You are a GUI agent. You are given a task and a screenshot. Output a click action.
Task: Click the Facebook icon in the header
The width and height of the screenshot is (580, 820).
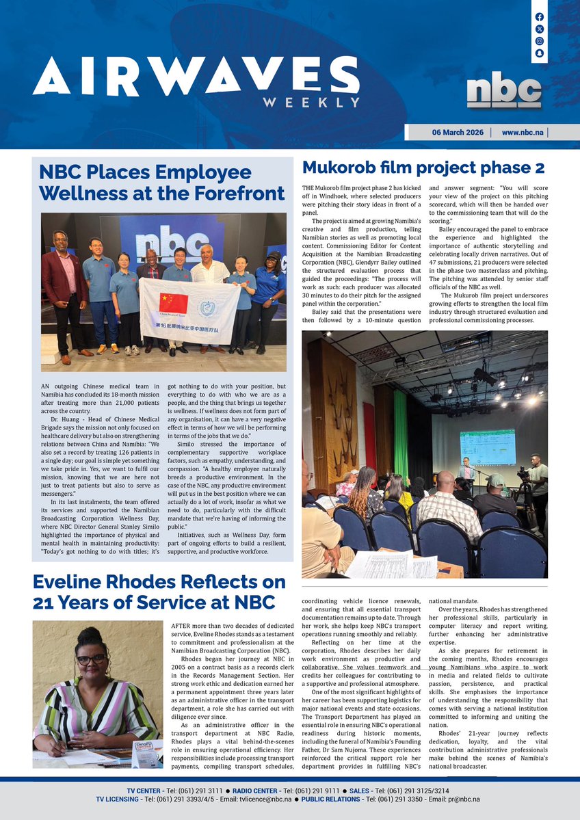click(540, 16)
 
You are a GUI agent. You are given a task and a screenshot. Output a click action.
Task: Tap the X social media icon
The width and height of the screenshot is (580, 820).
click(540, 29)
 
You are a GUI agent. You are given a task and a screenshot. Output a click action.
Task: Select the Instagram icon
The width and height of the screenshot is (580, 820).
click(540, 41)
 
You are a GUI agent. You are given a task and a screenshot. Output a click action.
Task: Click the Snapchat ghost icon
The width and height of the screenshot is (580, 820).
click(540, 53)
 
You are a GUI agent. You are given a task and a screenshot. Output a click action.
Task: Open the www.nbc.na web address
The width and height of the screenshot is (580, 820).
click(523, 133)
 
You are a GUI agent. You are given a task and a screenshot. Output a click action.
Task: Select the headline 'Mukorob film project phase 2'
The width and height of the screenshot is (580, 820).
click(423, 168)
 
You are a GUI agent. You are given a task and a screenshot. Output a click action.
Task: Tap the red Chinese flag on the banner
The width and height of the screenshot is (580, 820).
click(173, 303)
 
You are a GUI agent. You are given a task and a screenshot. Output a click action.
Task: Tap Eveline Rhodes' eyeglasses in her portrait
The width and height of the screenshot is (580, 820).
click(91, 659)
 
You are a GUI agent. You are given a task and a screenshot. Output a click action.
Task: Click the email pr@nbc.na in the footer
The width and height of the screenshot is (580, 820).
click(463, 799)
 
